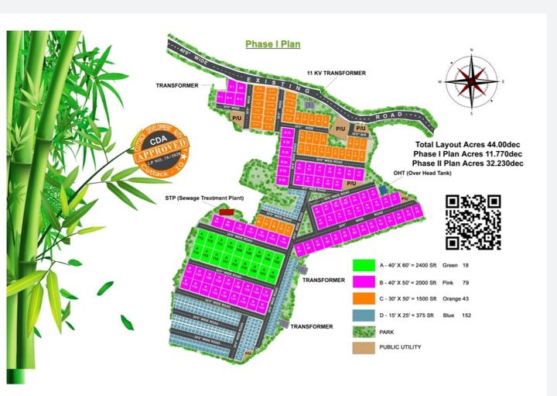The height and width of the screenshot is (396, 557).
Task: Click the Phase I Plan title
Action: point(273,45)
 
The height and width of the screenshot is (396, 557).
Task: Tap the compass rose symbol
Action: point(471,81)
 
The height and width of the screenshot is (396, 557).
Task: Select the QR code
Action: point(473,222)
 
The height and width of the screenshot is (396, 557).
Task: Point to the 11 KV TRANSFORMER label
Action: point(336,72)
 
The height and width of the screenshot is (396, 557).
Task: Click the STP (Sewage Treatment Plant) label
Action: point(204,198)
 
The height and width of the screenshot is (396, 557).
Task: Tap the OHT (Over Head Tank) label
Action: point(425,174)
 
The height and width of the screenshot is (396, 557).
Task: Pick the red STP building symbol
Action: point(226,210)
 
